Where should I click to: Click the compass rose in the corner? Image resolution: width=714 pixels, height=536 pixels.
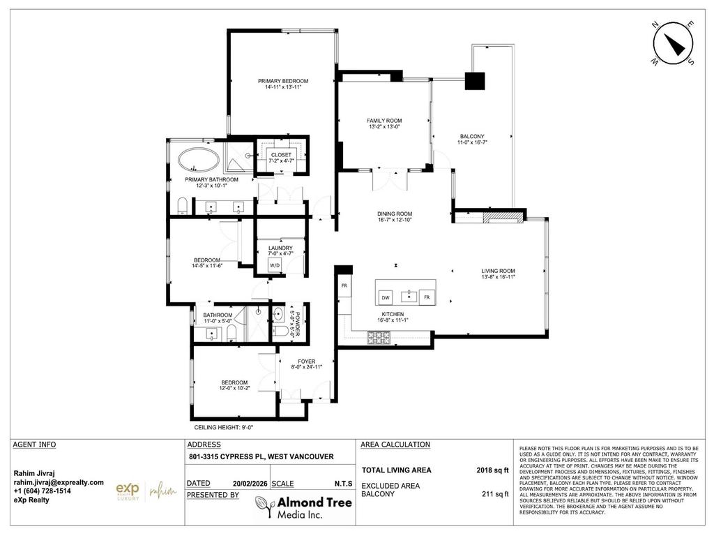pyautogui.click(x=672, y=43)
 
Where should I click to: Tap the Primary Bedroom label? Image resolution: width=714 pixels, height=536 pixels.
pyautogui.click(x=282, y=81)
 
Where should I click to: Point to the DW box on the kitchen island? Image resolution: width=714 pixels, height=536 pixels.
pyautogui.click(x=386, y=297)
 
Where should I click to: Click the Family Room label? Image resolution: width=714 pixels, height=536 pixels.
pyautogui.click(x=384, y=121)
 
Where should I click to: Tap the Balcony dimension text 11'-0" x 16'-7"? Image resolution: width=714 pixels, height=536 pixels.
pyautogui.click(x=472, y=142)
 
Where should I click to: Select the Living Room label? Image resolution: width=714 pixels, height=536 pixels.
pyautogui.click(x=498, y=271)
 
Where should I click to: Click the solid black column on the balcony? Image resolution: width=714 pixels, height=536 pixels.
pyautogui.click(x=475, y=81)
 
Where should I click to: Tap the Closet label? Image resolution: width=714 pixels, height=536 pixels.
pyautogui.click(x=282, y=154)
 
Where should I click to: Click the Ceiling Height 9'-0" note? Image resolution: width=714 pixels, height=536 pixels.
pyautogui.click(x=223, y=427)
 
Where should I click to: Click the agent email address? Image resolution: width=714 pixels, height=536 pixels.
pyautogui.click(x=59, y=482)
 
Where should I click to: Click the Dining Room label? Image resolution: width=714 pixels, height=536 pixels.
pyautogui.click(x=395, y=214)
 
